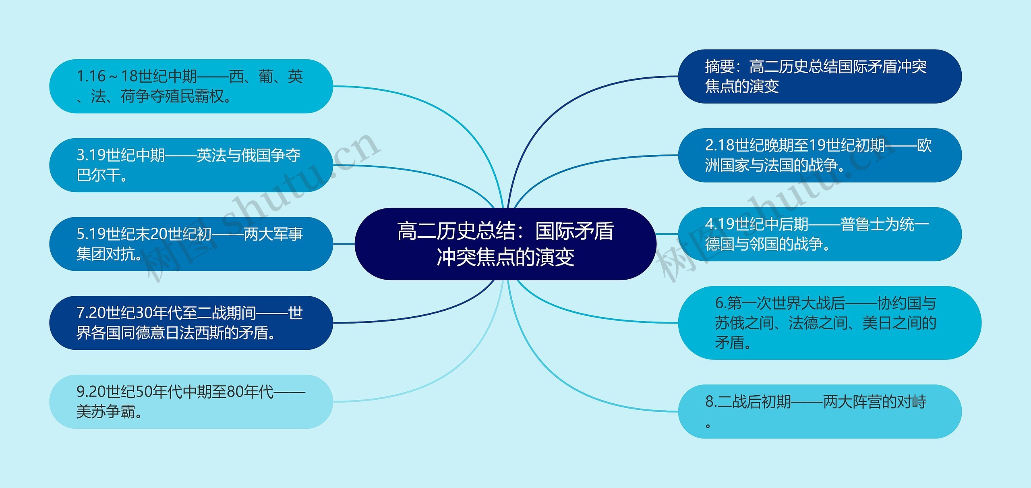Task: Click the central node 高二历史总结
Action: click(505, 244)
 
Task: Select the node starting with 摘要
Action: click(820, 77)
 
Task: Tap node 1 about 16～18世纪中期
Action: click(191, 86)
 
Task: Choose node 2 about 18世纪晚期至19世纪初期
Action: click(820, 155)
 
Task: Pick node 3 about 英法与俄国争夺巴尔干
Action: click(191, 165)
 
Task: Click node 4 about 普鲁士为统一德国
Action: click(820, 234)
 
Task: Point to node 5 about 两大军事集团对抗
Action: click(191, 244)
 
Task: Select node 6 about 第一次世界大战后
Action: click(830, 323)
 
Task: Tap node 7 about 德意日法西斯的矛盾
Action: click(191, 323)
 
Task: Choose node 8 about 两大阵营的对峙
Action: click(820, 411)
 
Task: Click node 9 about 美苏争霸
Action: click(191, 402)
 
